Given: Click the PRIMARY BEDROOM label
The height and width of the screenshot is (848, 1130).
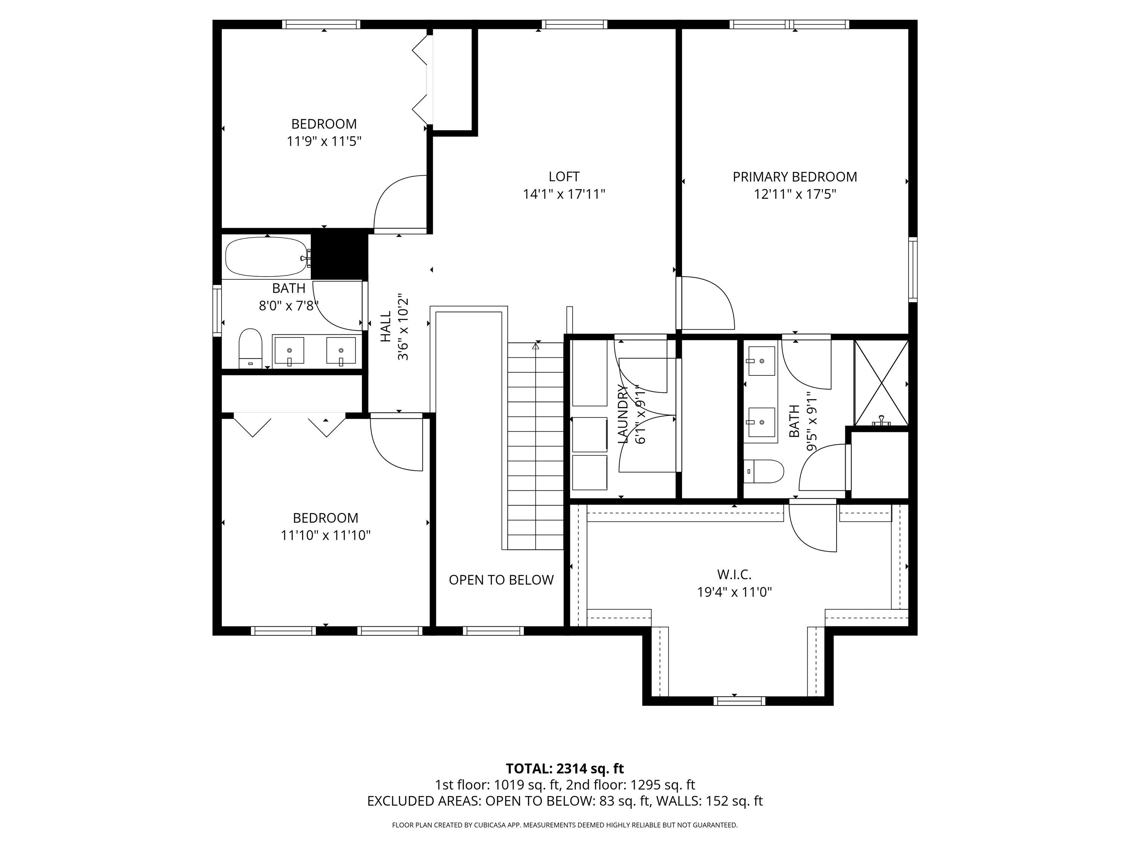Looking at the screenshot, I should tap(794, 177).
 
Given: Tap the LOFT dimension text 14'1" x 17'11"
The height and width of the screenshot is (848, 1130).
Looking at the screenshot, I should tap(564, 194).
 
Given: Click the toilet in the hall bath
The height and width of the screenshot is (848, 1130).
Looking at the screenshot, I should tap(250, 347).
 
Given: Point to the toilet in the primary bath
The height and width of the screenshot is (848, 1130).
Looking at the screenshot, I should tap(764, 471).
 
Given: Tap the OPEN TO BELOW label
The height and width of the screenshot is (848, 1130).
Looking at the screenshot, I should tap(501, 580).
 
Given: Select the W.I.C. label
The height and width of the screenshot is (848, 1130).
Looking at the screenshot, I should tap(734, 574).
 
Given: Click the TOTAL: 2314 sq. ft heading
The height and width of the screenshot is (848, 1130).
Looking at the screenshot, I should tap(565, 768).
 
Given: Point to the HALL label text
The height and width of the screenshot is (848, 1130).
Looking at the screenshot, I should tap(386, 327).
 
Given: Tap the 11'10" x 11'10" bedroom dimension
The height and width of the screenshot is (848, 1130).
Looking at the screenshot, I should tap(325, 535).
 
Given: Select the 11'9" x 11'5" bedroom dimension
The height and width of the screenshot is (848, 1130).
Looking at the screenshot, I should tap(324, 141).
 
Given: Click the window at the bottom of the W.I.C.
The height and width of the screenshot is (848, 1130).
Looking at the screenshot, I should tap(739, 700).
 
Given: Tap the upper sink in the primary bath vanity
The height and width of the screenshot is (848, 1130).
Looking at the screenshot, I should tap(761, 360).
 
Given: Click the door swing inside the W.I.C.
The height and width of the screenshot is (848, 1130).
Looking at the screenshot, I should tap(812, 529).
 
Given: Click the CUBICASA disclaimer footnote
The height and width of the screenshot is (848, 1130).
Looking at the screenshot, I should tap(565, 825).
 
